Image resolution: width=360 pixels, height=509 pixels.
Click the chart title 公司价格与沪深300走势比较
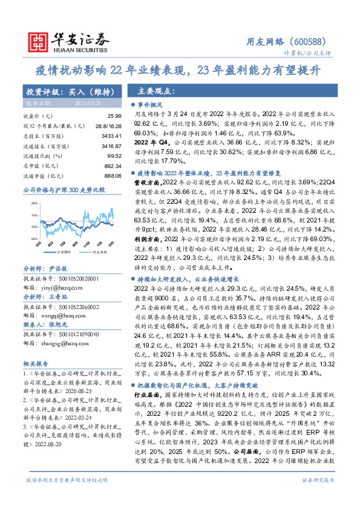[63, 190]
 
